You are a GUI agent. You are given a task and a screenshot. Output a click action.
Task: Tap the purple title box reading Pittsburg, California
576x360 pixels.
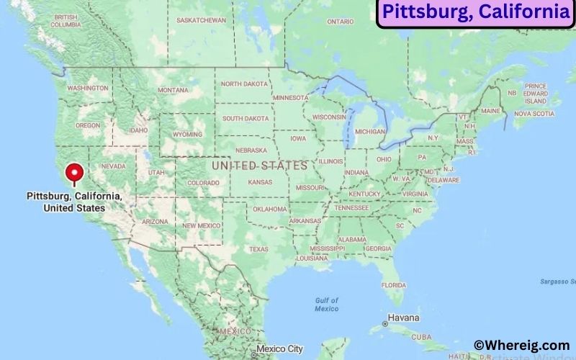point(475,12)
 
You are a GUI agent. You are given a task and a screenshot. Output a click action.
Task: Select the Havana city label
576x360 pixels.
point(403,317)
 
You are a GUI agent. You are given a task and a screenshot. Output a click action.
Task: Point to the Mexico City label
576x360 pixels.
point(279,348)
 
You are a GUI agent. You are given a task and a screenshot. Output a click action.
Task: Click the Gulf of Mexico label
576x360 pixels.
point(326,304)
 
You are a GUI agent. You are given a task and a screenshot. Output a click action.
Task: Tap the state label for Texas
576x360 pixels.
point(258,249)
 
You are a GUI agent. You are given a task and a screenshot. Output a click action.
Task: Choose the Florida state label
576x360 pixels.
point(393,284)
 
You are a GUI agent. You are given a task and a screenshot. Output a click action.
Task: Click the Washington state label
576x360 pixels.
point(88,88)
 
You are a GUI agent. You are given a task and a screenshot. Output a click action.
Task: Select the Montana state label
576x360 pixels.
point(173,90)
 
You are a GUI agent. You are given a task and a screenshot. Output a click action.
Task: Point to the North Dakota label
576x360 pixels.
point(244,84)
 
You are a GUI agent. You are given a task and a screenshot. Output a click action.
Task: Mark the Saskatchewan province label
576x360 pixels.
point(201,20)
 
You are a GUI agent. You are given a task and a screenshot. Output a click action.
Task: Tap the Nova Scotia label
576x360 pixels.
point(534,113)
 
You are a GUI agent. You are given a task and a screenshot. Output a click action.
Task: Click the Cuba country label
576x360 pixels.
point(421,337)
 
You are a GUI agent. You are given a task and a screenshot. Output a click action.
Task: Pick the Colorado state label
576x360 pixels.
point(203,183)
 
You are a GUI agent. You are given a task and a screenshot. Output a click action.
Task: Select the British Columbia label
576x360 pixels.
point(66,20)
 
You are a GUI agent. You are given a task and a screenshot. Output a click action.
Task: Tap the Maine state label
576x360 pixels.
point(490,111)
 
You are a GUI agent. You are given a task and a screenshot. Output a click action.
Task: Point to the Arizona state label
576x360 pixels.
point(154,222)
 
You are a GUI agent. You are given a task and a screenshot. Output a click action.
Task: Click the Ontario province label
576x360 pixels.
point(340,22)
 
